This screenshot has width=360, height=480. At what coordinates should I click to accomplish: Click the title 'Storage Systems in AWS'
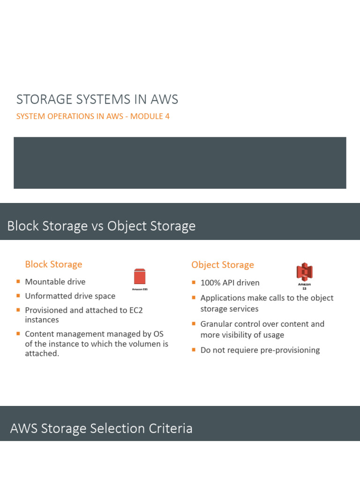97,99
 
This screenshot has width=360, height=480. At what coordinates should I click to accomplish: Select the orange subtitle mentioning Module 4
93,116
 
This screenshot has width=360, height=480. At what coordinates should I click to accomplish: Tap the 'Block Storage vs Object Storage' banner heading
101,226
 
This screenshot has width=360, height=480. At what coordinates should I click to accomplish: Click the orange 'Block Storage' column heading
53,264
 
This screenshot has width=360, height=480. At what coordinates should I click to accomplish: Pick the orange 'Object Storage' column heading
223,265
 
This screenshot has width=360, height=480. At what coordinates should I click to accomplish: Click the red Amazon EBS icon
140,277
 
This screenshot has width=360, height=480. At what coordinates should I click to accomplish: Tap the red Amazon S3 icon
304,272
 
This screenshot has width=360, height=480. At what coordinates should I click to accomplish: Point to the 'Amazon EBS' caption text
140,290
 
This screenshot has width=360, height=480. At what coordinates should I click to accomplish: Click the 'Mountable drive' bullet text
55,282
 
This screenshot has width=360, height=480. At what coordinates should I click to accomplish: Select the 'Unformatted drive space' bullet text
70,296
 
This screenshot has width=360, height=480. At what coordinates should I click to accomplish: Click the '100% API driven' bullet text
230,283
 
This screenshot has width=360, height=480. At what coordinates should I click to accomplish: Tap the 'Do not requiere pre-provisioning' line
260,350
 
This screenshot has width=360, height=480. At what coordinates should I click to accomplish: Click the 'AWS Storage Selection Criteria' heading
101,428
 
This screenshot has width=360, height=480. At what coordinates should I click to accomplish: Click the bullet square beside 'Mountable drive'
18,282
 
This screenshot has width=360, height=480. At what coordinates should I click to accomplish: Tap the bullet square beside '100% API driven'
194,283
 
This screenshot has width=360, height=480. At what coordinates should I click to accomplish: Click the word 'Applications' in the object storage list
223,298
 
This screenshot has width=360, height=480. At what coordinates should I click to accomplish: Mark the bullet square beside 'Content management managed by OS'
18,334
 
